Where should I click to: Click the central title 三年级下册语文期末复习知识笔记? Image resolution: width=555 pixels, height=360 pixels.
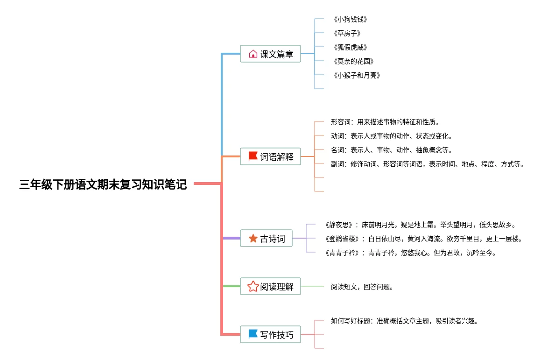(x=103, y=184)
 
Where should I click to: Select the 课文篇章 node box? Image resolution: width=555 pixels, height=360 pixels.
(x=270, y=54)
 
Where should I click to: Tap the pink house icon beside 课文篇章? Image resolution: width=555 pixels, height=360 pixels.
(x=253, y=54)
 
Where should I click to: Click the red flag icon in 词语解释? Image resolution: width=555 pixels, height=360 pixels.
(x=253, y=156)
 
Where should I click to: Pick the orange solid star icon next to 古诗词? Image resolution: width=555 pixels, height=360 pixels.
(x=253, y=238)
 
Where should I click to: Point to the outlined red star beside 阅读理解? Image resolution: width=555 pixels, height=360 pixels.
(x=253, y=286)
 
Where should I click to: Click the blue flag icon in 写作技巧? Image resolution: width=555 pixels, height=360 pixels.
(x=253, y=334)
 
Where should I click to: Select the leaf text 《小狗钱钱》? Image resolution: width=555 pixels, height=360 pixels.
(x=350, y=20)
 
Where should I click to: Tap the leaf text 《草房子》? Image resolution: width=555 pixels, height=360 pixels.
(x=347, y=33)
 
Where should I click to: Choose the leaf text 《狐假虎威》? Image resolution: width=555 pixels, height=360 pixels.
(x=350, y=48)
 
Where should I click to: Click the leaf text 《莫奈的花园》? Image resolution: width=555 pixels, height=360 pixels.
(x=353, y=61)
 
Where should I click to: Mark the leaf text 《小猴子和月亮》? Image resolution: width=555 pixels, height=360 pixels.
(x=357, y=75)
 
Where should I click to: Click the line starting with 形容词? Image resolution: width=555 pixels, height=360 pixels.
(x=385, y=122)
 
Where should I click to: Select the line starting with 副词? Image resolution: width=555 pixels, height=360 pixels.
(x=428, y=164)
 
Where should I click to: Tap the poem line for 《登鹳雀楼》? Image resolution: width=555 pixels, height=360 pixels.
(x=424, y=239)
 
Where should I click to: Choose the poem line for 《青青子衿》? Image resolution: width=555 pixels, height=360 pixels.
(x=411, y=253)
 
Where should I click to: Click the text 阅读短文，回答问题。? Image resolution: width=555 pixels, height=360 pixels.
(x=362, y=287)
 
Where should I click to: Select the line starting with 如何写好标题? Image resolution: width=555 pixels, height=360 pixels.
(x=405, y=321)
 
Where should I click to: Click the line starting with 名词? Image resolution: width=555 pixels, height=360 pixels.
(x=392, y=150)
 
